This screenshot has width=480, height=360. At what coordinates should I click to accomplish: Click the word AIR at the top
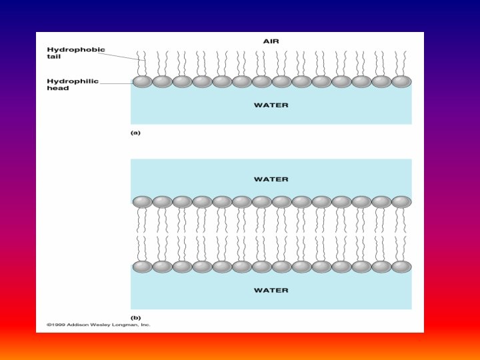click(271, 41)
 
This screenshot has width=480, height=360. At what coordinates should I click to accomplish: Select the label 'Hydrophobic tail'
click(75, 53)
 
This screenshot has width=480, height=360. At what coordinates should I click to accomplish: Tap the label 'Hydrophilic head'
click(72, 85)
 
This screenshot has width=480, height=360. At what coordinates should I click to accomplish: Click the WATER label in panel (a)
click(271, 105)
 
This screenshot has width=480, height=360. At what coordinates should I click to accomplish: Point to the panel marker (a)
click(135, 133)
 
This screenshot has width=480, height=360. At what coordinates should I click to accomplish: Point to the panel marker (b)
click(135, 318)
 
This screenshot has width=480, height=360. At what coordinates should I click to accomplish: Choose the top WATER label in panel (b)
click(271, 179)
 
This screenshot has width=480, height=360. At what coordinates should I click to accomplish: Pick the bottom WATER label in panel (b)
click(271, 290)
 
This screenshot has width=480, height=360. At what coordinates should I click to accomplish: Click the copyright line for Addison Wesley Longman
click(98, 325)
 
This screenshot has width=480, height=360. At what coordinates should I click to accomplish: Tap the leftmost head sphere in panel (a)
click(143, 81)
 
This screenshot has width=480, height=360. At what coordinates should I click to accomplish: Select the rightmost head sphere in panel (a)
click(401, 81)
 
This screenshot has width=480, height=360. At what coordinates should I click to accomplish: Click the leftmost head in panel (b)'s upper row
click(143, 201)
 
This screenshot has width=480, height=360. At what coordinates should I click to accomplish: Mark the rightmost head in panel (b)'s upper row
click(401, 201)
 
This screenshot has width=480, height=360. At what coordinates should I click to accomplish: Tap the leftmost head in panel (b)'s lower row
click(143, 266)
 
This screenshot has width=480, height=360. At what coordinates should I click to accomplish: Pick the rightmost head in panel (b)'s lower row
click(401, 266)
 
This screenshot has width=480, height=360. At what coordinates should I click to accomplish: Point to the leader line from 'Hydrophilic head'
click(117, 83)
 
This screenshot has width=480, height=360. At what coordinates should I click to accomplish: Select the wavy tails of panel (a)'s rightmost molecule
click(401, 63)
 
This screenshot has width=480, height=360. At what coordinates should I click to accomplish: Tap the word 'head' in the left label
click(57, 88)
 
